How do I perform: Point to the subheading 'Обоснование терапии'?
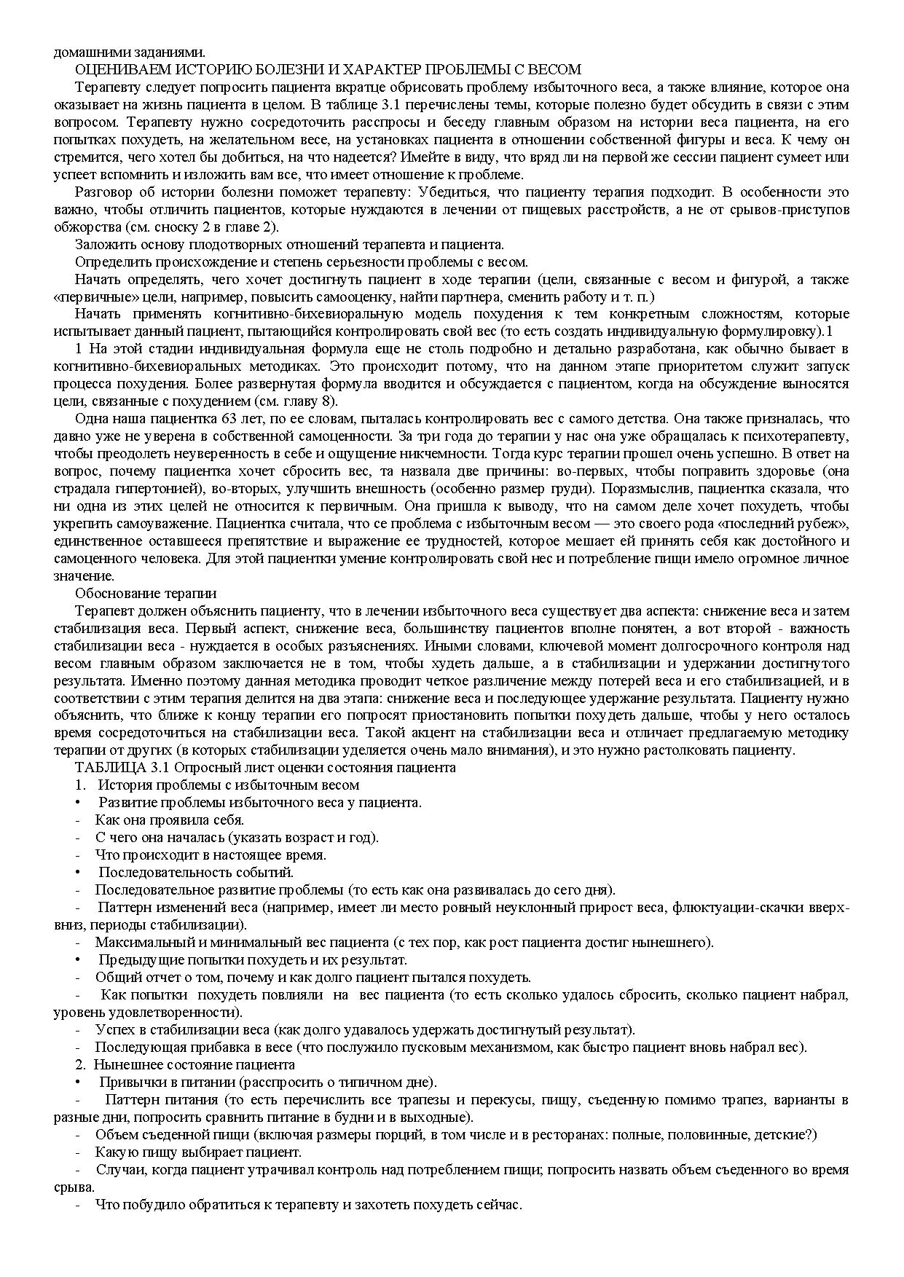click(x=146, y=594)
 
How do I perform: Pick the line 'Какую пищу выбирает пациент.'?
click(x=198, y=1152)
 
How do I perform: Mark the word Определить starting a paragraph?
click(x=106, y=262)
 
